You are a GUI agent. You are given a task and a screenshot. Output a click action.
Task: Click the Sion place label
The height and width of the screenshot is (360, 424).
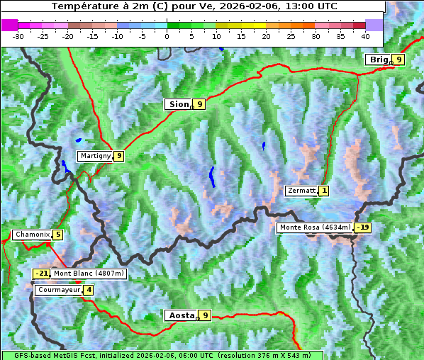tap(179, 104)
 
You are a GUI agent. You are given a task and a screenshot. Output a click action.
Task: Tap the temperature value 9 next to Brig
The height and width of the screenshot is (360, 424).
tap(399, 60)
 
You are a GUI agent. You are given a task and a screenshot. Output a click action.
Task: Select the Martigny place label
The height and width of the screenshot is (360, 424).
tap(95, 156)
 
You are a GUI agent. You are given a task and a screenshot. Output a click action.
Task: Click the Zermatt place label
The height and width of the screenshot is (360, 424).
tap(301, 191)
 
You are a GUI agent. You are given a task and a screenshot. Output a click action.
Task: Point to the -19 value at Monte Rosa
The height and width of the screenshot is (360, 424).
tap(363, 227)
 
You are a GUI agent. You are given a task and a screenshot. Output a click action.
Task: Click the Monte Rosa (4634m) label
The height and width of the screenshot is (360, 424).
tap(315, 227)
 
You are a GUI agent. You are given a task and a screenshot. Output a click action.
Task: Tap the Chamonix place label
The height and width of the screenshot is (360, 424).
tap(32, 235)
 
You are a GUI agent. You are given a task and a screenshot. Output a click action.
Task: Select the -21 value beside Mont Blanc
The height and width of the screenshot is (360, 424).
tap(42, 274)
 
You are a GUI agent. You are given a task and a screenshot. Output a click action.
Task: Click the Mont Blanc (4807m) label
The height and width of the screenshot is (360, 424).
tap(89, 274)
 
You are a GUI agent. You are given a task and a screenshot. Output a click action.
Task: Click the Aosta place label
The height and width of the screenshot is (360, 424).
tap(181, 315)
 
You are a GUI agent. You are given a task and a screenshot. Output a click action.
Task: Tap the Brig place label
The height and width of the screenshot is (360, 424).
tap(378, 60)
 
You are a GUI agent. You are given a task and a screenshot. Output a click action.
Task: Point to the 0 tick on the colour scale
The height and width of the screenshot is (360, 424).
tap(167, 35)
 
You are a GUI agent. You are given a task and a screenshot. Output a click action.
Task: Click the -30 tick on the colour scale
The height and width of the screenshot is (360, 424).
tap(18, 35)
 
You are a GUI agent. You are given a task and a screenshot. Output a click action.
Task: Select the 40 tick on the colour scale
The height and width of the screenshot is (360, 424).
tap(365, 35)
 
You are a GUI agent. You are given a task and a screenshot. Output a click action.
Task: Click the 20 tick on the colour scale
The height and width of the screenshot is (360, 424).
tap(266, 35)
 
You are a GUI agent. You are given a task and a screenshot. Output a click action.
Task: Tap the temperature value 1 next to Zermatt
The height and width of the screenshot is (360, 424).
tap(324, 191)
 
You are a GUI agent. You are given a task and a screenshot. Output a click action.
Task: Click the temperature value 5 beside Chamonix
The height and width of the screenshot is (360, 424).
tap(57, 235)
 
